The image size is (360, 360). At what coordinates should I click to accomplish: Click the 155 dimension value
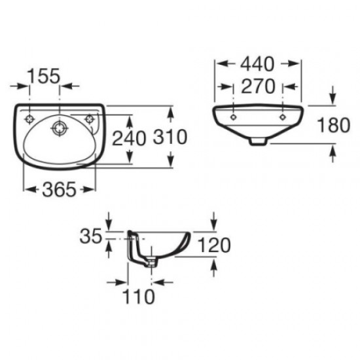[x=45, y=76]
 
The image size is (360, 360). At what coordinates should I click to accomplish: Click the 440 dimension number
[x=259, y=63]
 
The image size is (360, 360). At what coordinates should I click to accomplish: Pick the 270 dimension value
[x=259, y=87]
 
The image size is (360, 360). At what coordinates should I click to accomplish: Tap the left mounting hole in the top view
[x=29, y=119]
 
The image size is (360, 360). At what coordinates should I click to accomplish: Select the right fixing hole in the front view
[x=283, y=117]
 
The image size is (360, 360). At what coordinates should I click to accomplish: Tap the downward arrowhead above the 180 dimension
[x=333, y=99]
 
